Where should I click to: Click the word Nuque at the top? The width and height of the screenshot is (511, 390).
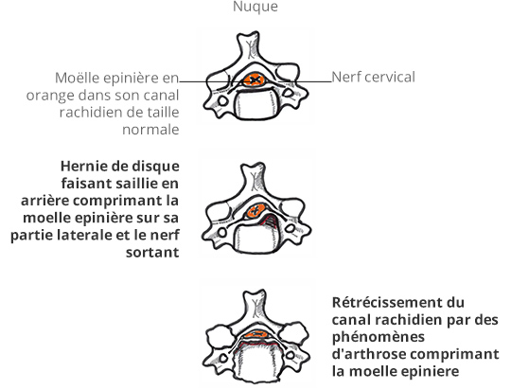point(255,7)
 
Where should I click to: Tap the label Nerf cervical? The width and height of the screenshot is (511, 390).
point(373,78)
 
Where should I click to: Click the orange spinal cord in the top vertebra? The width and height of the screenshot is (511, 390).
point(255,80)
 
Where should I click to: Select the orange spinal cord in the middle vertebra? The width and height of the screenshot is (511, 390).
point(255,211)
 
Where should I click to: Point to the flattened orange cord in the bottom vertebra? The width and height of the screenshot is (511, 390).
point(257,334)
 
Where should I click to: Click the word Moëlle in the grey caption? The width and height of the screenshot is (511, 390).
point(73,78)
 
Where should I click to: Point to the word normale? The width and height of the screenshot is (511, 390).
point(150,130)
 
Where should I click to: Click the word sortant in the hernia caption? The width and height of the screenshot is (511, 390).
point(152,253)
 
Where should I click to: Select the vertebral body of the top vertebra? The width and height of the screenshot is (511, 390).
point(255,105)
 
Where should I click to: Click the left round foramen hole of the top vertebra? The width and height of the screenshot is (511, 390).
point(223,100)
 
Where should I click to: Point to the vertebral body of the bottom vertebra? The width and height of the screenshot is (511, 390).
point(256,363)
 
